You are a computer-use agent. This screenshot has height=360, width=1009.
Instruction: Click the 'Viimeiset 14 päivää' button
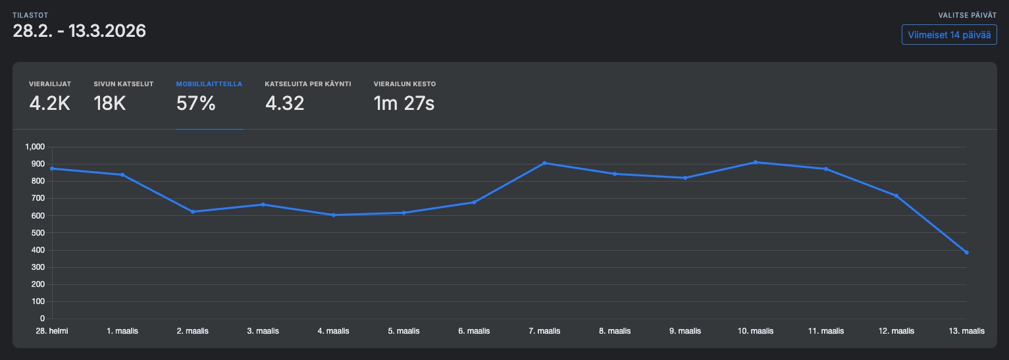click(949, 35)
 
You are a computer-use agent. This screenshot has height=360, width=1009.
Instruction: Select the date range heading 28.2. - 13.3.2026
click(80, 31)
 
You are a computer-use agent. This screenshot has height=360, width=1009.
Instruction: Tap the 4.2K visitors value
click(49, 103)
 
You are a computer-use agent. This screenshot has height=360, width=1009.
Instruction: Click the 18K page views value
click(110, 103)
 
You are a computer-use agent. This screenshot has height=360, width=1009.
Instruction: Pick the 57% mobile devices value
click(196, 103)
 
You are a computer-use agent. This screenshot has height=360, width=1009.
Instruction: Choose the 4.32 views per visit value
click(285, 103)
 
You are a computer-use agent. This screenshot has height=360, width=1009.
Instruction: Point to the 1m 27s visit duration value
click(404, 103)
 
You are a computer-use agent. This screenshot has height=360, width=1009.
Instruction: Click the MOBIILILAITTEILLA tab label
click(209, 84)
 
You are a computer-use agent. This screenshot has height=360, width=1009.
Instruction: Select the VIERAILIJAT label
click(50, 84)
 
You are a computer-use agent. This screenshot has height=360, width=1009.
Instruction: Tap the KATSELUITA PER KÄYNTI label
click(308, 84)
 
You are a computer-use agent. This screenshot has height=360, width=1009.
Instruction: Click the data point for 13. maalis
click(966, 253)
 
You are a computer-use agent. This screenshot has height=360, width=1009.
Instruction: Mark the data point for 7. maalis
click(544, 163)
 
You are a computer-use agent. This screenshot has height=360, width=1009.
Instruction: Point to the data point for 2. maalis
click(193, 212)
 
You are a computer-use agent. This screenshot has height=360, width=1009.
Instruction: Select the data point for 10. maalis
click(756, 162)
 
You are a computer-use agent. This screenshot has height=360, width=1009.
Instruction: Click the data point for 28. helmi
click(52, 168)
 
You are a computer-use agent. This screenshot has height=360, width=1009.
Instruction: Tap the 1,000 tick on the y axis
click(34, 147)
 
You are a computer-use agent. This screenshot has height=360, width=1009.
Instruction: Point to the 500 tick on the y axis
click(38, 233)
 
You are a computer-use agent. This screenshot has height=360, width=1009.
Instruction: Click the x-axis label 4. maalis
click(334, 331)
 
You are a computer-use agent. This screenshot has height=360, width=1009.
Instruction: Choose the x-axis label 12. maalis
click(896, 331)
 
